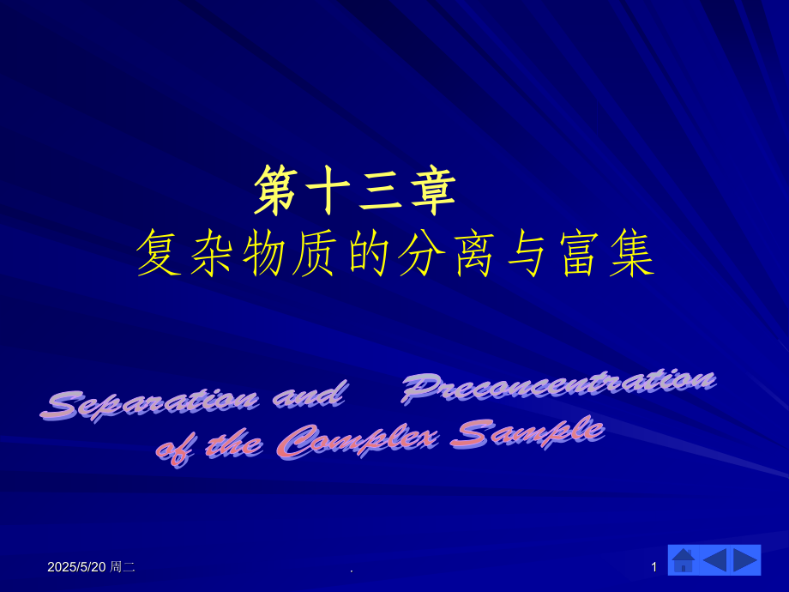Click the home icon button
click(684, 560)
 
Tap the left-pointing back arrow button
click(714, 560)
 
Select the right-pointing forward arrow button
click(745, 560)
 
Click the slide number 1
click(654, 567)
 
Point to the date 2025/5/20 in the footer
click(77, 567)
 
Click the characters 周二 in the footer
click(123, 567)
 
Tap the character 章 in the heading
click(432, 190)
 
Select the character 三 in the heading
click(380, 190)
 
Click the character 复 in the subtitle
click(160, 253)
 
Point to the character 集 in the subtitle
click(632, 253)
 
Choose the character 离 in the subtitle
click(474, 253)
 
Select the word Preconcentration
click(558, 384)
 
